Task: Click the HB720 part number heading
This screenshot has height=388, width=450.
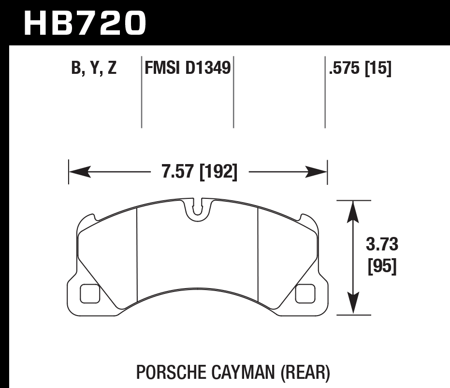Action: (x=85, y=23)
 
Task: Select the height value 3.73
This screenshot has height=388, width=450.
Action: (x=382, y=245)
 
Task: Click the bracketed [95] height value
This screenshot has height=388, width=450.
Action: (x=382, y=266)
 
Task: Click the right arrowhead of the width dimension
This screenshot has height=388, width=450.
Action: (x=318, y=172)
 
